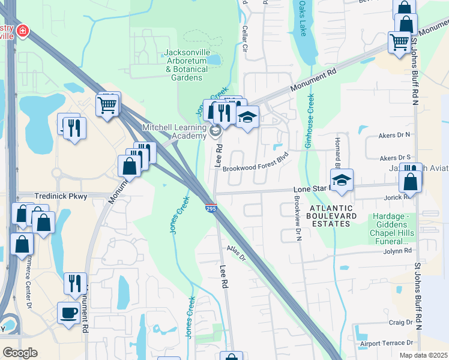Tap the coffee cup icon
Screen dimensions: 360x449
click(68, 313)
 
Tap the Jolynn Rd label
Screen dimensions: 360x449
click(399, 250)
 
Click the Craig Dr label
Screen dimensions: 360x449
click(400, 322)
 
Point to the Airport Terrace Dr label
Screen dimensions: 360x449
click(387, 343)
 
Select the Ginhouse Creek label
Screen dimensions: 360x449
click(309, 120)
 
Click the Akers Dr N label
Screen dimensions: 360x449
click(395, 136)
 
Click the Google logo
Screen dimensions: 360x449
click(20, 353)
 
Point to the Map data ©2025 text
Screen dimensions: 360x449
click(423, 355)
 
